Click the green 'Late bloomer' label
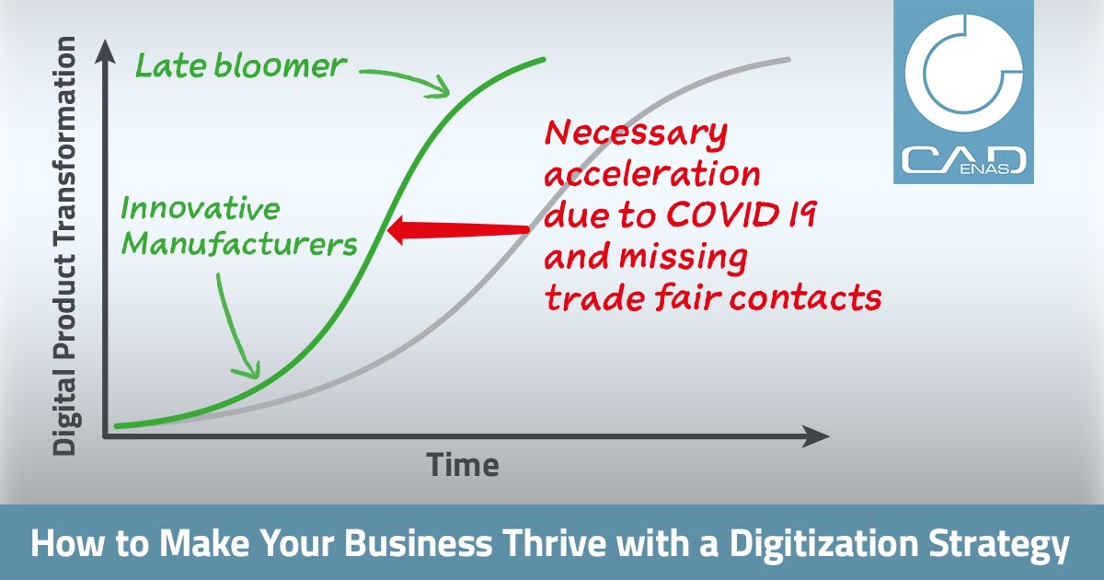coord(241,66)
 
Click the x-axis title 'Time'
coord(463,466)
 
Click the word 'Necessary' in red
coord(637,135)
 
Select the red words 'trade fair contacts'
coord(713,297)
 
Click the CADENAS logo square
coord(964,92)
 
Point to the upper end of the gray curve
coord(787,61)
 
